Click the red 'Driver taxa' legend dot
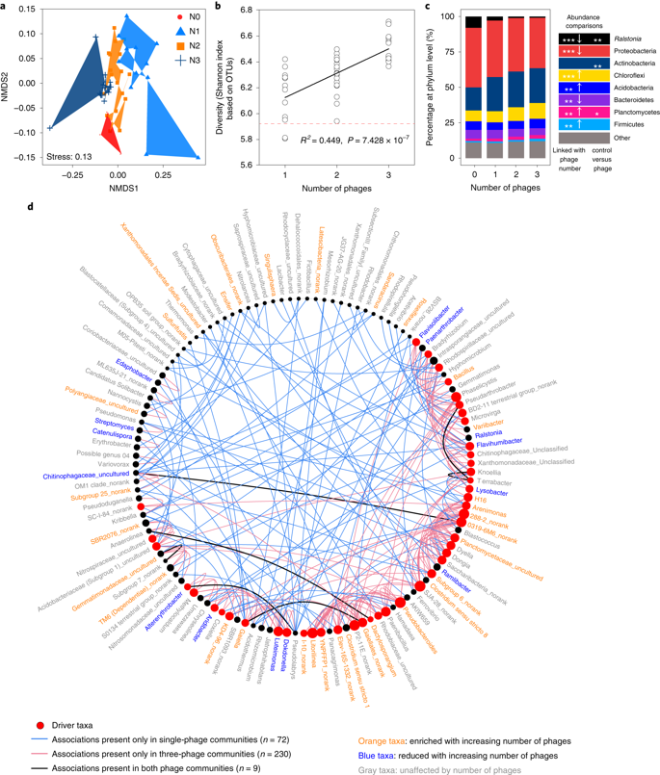[x=38, y=722]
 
